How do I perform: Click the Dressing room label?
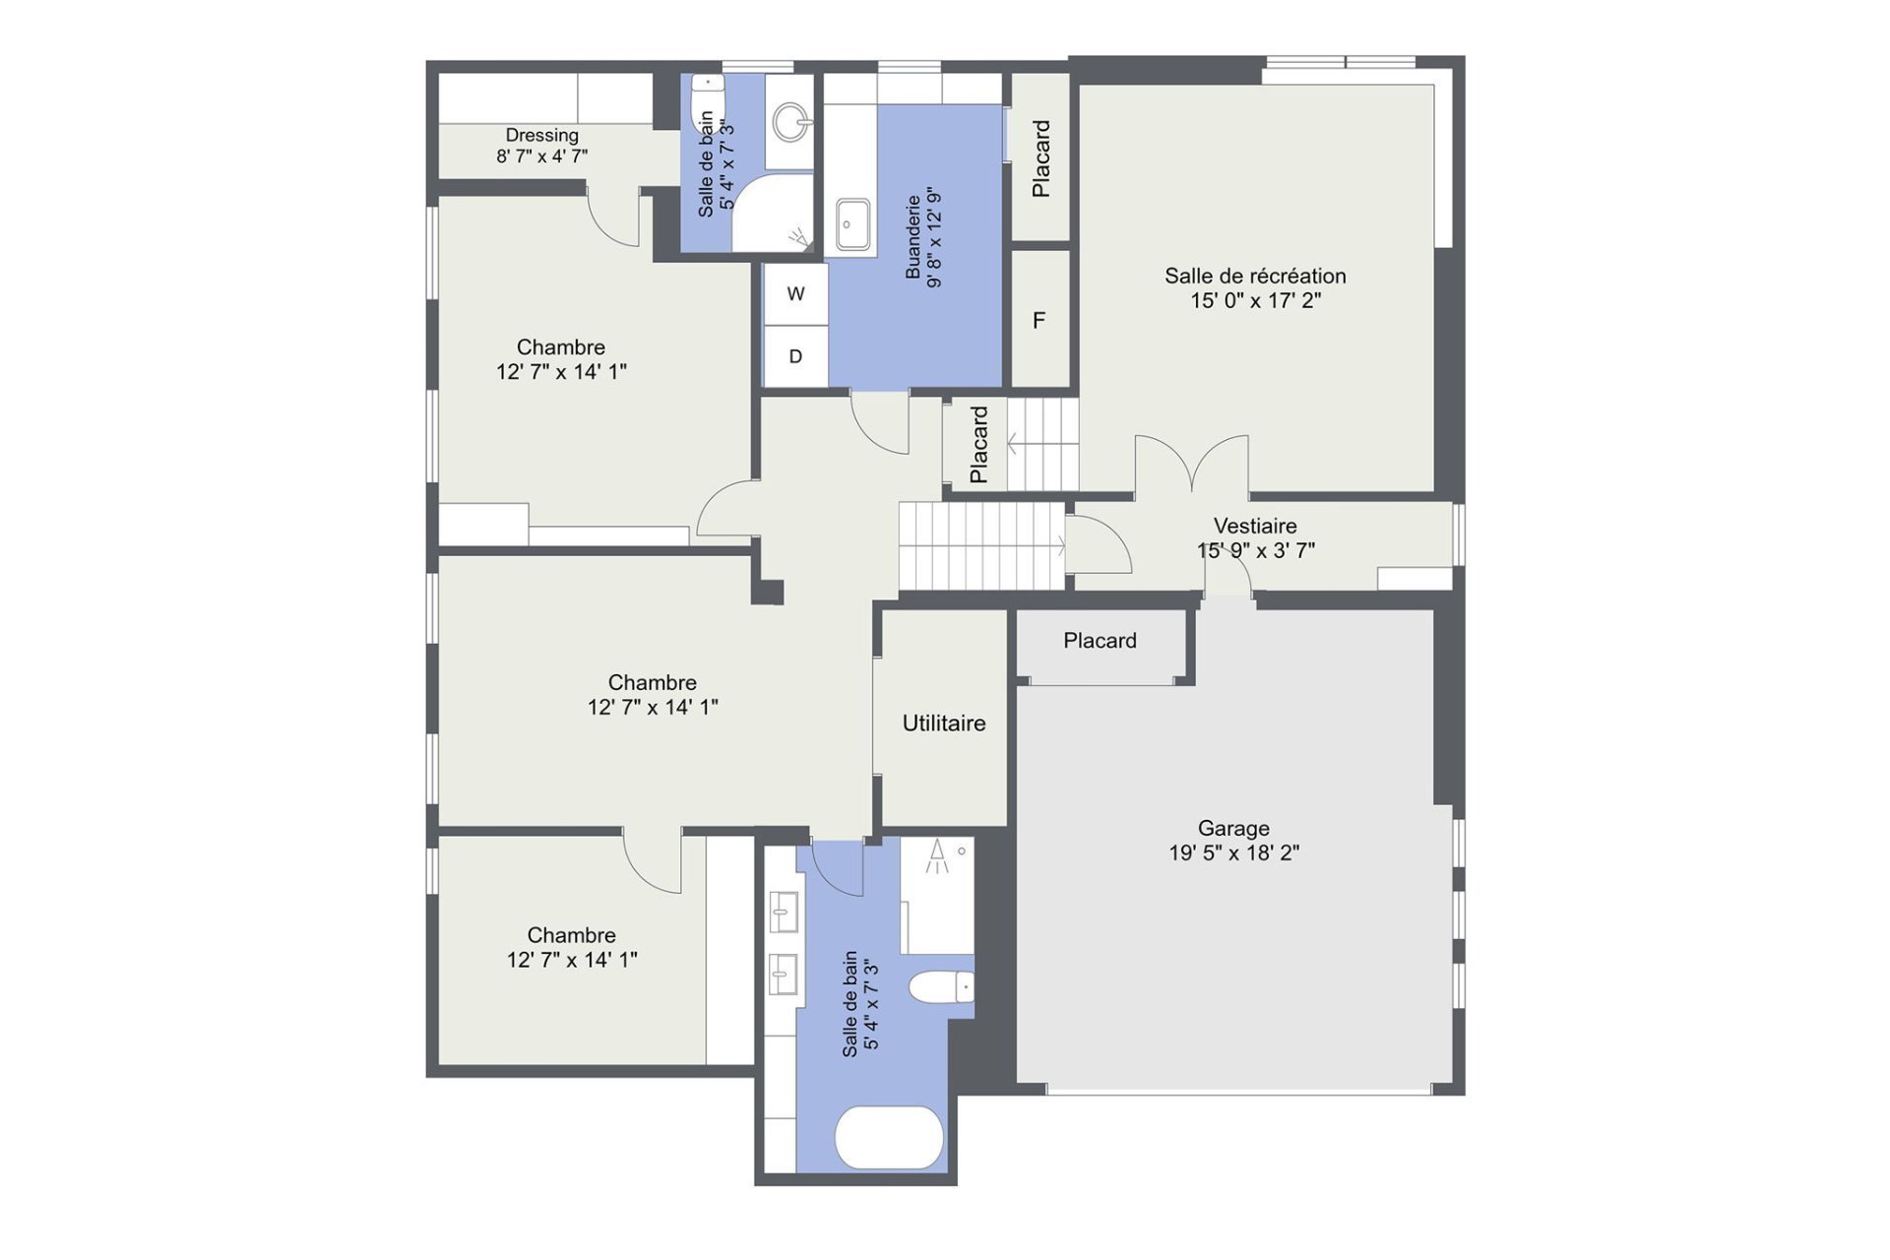(541, 135)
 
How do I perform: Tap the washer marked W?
(795, 293)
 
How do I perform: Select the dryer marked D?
(795, 355)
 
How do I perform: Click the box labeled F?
(1040, 319)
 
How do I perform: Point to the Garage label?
(1233, 829)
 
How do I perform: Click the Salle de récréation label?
(1255, 277)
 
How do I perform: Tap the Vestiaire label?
(1255, 526)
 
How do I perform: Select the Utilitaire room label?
(944, 724)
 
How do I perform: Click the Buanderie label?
(913, 236)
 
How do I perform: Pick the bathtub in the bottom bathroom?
(889, 1137)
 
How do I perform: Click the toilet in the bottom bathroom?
(941, 987)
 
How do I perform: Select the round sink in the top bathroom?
(790, 123)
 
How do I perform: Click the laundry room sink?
(851, 225)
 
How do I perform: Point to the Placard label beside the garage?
(1100, 641)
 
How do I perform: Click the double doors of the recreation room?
(1192, 463)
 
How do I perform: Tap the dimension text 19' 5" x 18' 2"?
(1233, 853)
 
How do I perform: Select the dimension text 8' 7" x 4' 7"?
(541, 156)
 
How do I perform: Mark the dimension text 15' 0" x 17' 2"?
(1255, 301)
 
